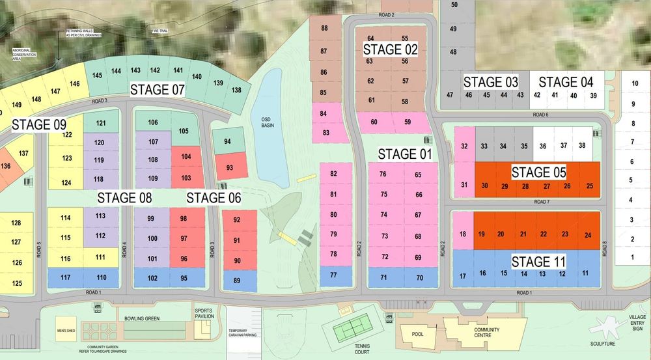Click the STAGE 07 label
click(x=158, y=90)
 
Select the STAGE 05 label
click(x=538, y=173)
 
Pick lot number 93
click(x=229, y=167)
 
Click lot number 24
click(x=589, y=234)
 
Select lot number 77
click(x=333, y=275)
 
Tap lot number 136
click(x=6, y=166)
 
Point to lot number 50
click(x=454, y=5)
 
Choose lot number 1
click(x=631, y=258)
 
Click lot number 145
click(x=97, y=75)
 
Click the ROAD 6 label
click(x=541, y=115)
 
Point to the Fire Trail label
click(x=159, y=30)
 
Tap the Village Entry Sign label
click(x=637, y=322)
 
